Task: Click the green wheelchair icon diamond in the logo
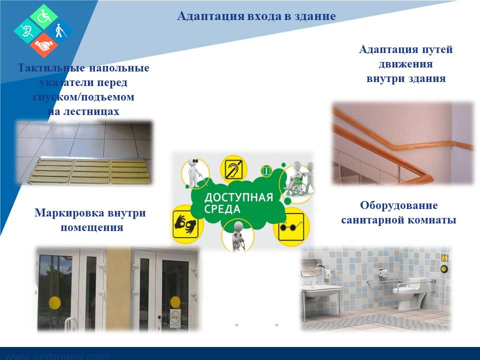(x=44, y=17)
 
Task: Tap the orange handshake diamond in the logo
(x=44, y=45)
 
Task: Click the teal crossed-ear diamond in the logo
(x=27, y=31)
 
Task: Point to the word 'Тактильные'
(x=51, y=67)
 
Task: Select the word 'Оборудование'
(x=398, y=205)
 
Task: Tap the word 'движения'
(x=405, y=64)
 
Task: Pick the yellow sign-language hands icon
(x=185, y=224)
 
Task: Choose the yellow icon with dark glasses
(x=291, y=226)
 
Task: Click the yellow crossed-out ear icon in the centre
(x=233, y=169)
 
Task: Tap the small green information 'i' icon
(x=266, y=170)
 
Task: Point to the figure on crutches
(x=237, y=235)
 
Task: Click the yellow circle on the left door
(x=55, y=302)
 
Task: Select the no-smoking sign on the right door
(x=175, y=318)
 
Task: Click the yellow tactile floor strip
(x=89, y=171)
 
